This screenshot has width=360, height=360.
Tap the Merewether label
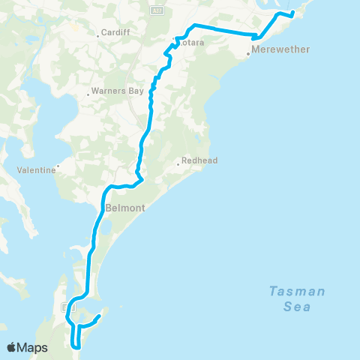[x=271, y=50]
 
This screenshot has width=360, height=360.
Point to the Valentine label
[x=37, y=170]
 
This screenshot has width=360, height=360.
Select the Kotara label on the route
[x=192, y=43]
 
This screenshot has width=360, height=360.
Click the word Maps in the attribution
[x=34, y=348]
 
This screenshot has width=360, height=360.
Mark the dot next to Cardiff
[x=98, y=34]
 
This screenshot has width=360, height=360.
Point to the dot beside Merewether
[x=248, y=54]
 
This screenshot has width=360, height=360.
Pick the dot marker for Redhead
[x=178, y=163]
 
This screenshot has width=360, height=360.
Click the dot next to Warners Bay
[x=88, y=94]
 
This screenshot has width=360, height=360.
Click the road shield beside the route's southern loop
[x=64, y=307]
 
